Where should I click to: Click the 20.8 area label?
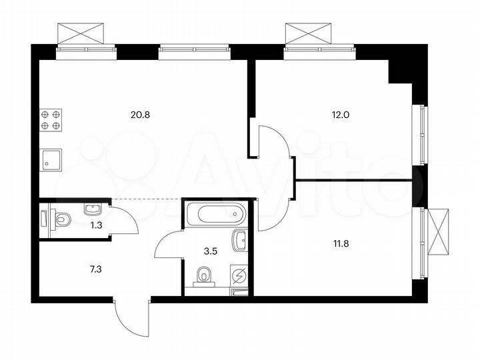point(141,114)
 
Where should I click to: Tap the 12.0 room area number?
point(341,114)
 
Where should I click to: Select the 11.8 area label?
point(341,243)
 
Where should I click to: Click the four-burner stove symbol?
point(51,119)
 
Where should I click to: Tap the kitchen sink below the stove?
point(51,160)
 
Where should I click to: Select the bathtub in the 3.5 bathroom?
point(215,214)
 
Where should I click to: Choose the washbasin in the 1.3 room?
point(91,209)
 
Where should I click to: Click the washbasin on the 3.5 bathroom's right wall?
point(240,238)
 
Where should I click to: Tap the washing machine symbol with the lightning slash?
point(239,275)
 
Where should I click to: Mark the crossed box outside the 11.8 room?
point(440,230)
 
